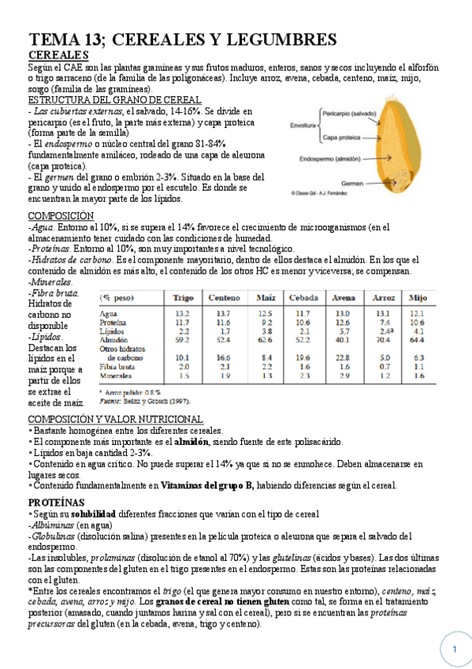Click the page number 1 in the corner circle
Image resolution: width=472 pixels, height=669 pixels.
click(455, 649)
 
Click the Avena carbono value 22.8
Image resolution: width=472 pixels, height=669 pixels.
click(341, 357)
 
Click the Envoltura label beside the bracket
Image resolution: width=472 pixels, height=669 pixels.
click(303, 125)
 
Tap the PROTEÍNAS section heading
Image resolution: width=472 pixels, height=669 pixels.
click(57, 503)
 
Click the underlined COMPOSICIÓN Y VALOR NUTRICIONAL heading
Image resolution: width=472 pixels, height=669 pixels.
click(115, 419)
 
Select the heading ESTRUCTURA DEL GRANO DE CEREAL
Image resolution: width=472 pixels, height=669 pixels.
click(114, 100)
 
